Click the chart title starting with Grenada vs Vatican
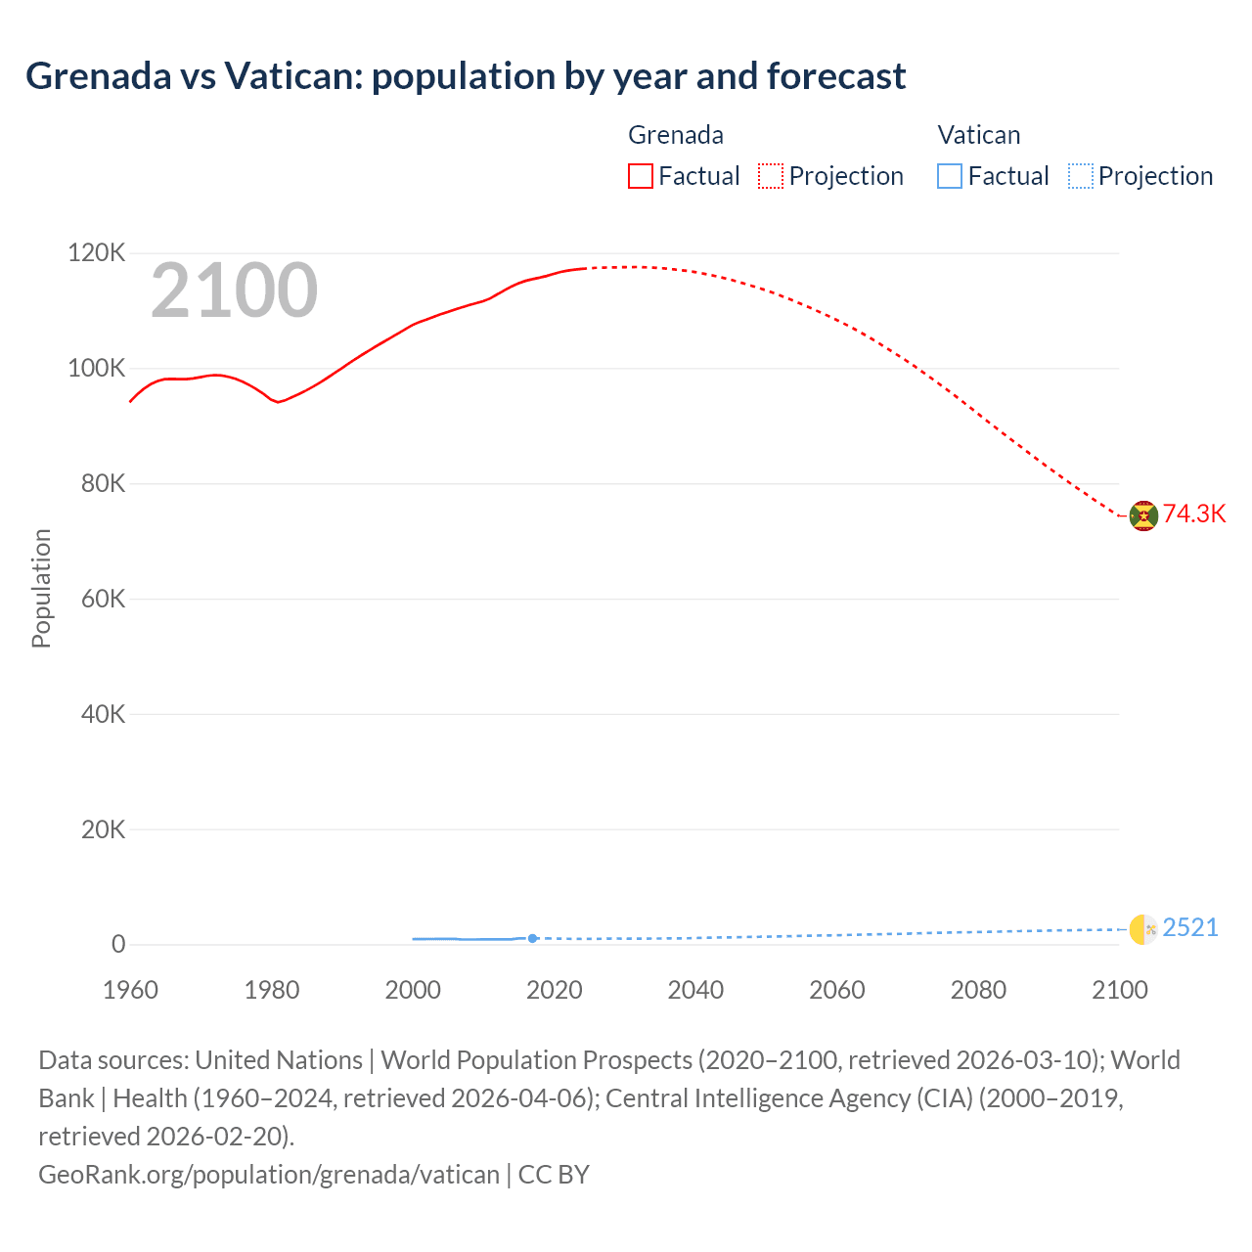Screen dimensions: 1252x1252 point(466,76)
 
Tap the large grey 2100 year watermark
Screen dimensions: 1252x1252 point(234,291)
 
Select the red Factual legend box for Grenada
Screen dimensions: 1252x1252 point(641,176)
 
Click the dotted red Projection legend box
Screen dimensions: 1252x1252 point(771,176)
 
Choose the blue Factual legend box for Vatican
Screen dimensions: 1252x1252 point(950,176)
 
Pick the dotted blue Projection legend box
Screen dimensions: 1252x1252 point(1081,176)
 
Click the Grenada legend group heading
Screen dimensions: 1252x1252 point(676,135)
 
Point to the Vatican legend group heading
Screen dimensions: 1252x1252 point(979,135)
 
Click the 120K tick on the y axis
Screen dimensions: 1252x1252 point(97,253)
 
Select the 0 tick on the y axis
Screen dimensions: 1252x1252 point(118,944)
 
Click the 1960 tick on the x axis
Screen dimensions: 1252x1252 point(130,990)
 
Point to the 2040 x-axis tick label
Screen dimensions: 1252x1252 point(695,990)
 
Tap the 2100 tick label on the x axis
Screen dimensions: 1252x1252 point(1119,990)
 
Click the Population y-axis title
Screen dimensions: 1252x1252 point(41,588)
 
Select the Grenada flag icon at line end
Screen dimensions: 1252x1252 point(1143,515)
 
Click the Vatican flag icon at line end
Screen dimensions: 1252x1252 point(1143,929)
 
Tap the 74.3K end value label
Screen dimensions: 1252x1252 point(1194,514)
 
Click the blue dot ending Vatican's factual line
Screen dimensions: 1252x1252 point(532,938)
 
